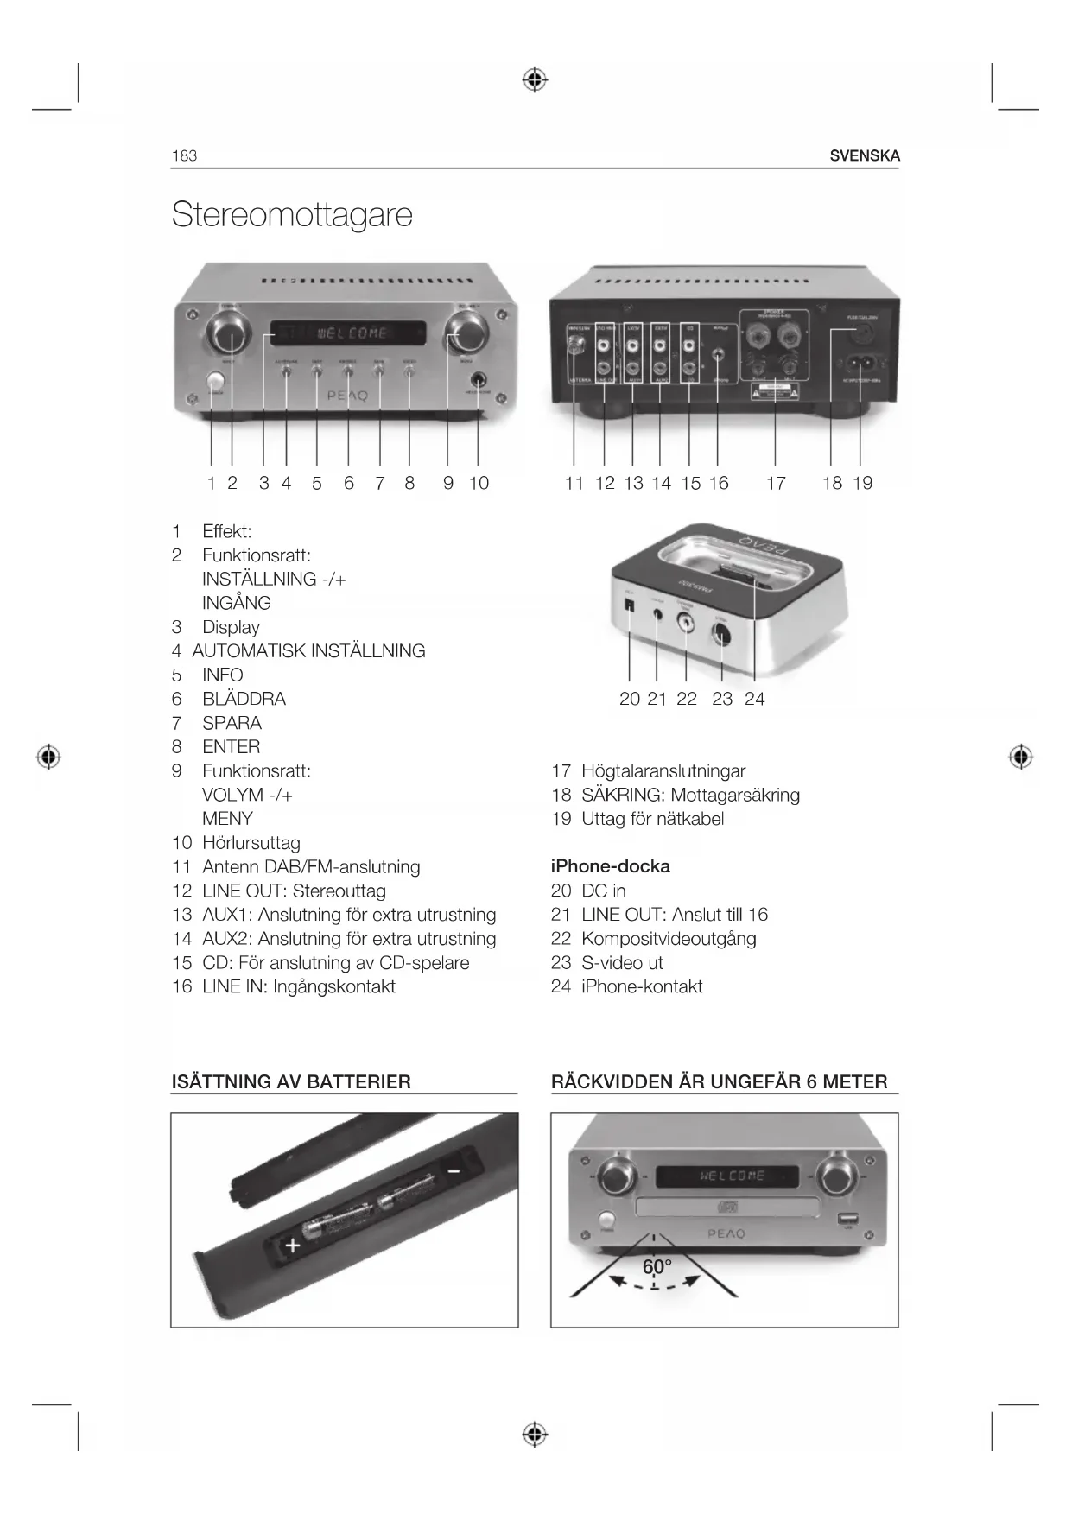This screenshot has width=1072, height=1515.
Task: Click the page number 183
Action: pos(184,156)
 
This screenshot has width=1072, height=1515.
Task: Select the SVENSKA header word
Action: pos(864,156)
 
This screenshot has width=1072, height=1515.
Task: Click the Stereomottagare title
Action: pos(292,214)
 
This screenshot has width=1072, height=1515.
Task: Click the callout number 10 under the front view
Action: pos(479,484)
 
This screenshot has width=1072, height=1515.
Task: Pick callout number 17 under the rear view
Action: pos(776,484)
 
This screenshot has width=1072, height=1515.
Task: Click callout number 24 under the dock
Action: pos(754,699)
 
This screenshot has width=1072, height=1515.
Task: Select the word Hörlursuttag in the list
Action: pos(251,843)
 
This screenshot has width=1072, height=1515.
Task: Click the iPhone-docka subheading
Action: pos(610,866)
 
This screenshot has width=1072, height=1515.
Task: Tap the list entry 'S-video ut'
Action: pos(622,963)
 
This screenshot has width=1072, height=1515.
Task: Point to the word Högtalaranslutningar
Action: pos(663,771)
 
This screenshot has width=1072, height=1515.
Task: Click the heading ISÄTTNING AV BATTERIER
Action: pos(291,1082)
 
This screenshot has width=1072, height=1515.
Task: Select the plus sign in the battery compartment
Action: pos(293,1246)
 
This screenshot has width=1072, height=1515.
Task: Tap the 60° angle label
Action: pos(657,1267)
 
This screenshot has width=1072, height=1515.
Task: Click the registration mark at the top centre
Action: pos(535,80)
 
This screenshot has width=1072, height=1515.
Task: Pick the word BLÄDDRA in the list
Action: pos(244,699)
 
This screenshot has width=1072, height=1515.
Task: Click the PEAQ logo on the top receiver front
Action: pos(347,396)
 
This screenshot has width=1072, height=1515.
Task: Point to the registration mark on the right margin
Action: pos(1020,757)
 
